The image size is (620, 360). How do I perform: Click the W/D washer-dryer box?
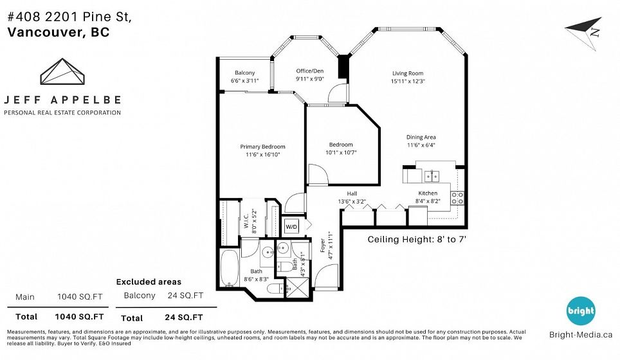pyautogui.click(x=292, y=226)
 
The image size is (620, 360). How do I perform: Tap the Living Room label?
pyautogui.click(x=408, y=73)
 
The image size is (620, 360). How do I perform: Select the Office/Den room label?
pyautogui.click(x=309, y=71)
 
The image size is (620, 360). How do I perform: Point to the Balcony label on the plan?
pyautogui.click(x=245, y=73)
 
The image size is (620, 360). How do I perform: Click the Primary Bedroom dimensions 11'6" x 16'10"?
pyautogui.click(x=262, y=154)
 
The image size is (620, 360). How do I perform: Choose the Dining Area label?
pyautogui.click(x=421, y=137)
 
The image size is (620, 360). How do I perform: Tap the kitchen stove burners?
pyautogui.click(x=457, y=198)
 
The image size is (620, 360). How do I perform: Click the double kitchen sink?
pyautogui.click(x=432, y=176)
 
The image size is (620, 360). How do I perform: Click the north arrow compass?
pyautogui.click(x=585, y=33)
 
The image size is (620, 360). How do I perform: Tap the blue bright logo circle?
pyautogui.click(x=581, y=310)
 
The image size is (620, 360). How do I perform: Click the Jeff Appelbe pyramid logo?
pyautogui.click(x=62, y=71)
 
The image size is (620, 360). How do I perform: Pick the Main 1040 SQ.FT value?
pyautogui.click(x=80, y=297)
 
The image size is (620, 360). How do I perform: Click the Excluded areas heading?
pyautogui.click(x=149, y=282)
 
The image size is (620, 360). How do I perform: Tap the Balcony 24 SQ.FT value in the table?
pyautogui.click(x=185, y=296)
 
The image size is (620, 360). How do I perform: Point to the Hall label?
pyautogui.click(x=352, y=194)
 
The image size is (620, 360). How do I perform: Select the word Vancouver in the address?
pyautogui.click(x=44, y=32)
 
